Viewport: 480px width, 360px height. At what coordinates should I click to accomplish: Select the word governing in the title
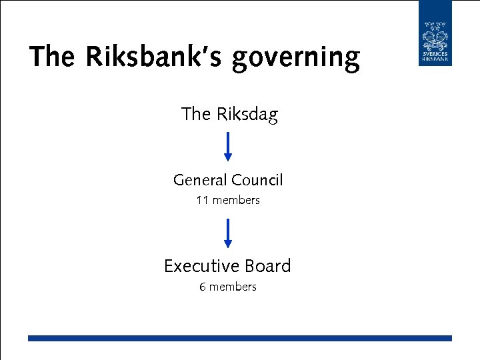pos(295,59)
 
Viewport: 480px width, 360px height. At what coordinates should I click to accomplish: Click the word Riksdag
pos(247,115)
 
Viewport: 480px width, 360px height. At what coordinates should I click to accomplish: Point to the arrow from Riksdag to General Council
pos(228,145)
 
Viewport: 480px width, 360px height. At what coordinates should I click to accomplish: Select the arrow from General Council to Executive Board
pos(228,232)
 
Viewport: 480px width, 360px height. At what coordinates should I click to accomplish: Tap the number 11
pos(202,200)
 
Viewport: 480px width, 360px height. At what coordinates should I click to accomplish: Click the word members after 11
pos(236,200)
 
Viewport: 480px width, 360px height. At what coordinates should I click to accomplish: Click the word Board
pos(268,266)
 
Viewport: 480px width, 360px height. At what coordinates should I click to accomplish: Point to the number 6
pos(203,287)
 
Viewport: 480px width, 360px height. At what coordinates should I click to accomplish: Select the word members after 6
pos(233,287)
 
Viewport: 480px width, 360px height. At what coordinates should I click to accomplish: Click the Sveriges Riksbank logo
pos(435,33)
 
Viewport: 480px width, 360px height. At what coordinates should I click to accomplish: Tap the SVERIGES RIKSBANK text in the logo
pos(435,56)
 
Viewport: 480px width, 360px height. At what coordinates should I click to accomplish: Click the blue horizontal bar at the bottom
pos(240,339)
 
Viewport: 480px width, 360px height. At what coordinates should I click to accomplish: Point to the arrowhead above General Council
pos(228,158)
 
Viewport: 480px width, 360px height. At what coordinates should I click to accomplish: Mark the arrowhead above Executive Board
pos(228,245)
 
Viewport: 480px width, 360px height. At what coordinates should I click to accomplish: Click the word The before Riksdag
pos(196,115)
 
